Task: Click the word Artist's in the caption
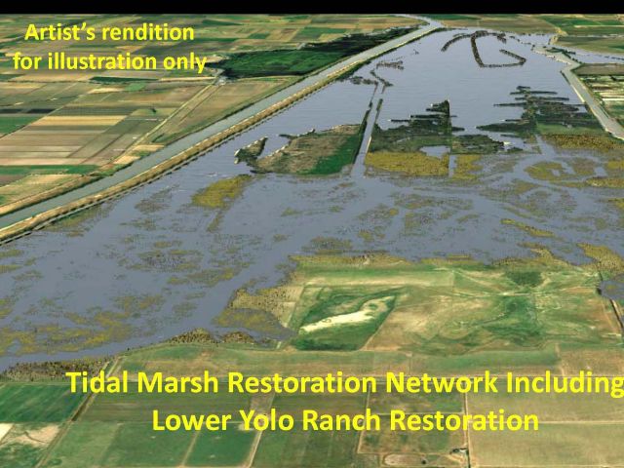(59, 32)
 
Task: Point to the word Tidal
(97, 382)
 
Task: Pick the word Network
(442, 382)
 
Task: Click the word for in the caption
(28, 61)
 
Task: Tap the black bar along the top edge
(312, 7)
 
